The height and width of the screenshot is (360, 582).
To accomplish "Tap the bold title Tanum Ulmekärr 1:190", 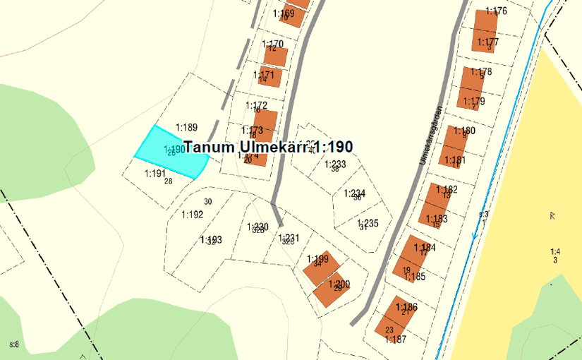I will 268,147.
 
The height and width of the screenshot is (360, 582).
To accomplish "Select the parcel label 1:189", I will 186,128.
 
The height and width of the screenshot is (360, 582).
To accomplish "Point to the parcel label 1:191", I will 154,173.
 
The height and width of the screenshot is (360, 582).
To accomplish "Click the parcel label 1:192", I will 192,215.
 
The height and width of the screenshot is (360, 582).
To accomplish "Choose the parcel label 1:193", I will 211,240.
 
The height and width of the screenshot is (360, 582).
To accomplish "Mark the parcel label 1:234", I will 355,193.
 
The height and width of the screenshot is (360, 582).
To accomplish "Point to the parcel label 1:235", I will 368,223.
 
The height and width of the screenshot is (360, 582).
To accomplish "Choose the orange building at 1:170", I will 276,56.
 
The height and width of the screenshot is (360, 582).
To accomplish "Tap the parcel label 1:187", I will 396,339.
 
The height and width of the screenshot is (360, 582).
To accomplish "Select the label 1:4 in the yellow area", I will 554,251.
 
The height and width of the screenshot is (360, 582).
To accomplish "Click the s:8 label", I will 14,344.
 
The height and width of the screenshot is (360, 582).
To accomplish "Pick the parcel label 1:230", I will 257,227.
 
